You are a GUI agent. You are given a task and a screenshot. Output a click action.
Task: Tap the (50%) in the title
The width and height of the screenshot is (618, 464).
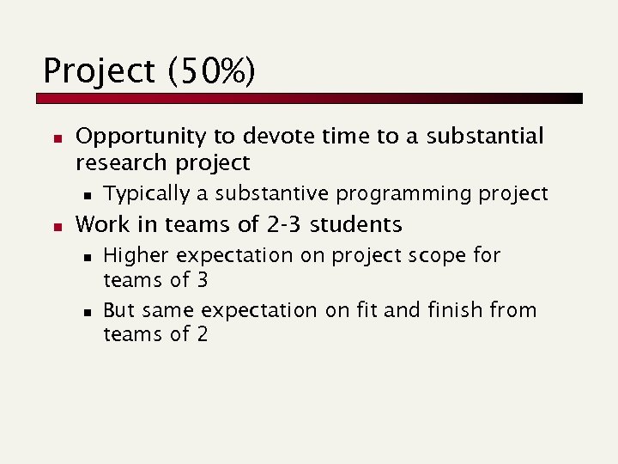(211, 72)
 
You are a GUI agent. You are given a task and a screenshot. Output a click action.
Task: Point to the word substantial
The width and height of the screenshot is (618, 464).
(485, 137)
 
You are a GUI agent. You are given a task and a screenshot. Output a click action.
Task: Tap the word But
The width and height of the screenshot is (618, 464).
(119, 310)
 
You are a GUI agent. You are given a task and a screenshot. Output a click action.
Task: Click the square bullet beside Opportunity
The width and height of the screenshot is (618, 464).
(55, 137)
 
